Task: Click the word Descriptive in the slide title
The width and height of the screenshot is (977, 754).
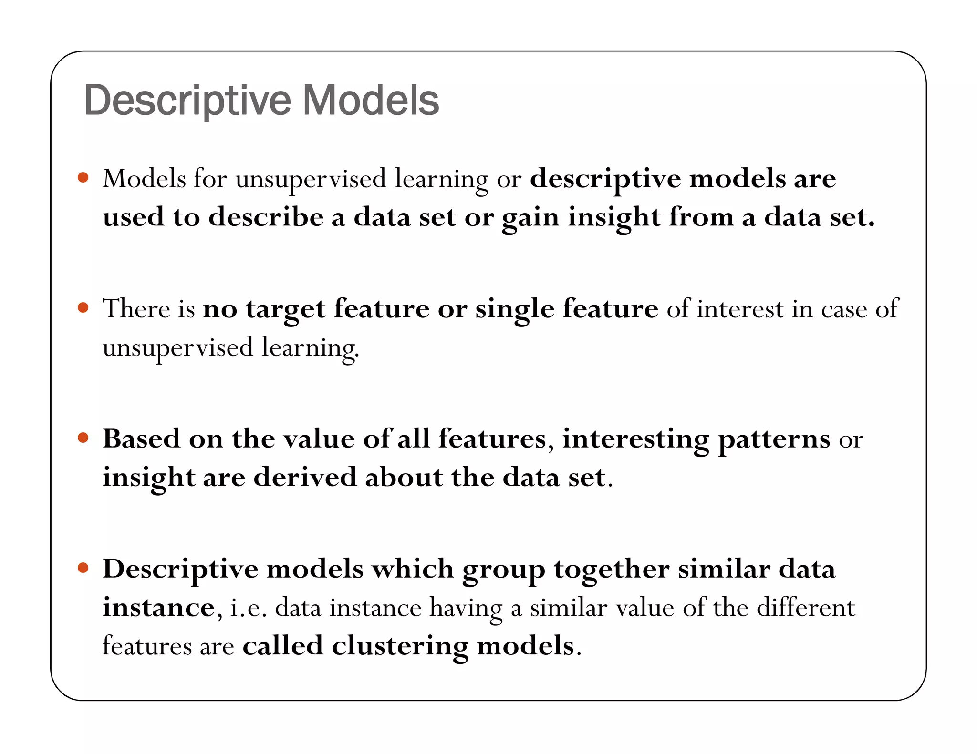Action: [x=187, y=101]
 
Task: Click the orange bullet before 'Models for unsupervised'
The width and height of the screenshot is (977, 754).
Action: [x=83, y=178]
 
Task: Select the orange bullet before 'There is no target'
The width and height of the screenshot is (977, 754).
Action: [x=83, y=307]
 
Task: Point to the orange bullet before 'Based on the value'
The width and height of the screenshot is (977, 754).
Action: [x=83, y=438]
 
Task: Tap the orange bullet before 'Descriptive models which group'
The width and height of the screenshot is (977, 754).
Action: [x=83, y=567]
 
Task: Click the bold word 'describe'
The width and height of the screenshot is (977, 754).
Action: [x=266, y=217]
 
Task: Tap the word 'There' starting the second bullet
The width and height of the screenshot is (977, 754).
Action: [x=136, y=308]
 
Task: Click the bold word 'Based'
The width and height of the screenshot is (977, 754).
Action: [x=141, y=438]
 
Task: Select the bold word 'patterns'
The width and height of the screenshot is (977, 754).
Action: [x=774, y=439]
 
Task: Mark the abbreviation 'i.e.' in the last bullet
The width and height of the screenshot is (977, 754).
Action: [x=249, y=608]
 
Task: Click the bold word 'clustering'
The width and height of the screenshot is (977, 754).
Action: [x=400, y=647]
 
